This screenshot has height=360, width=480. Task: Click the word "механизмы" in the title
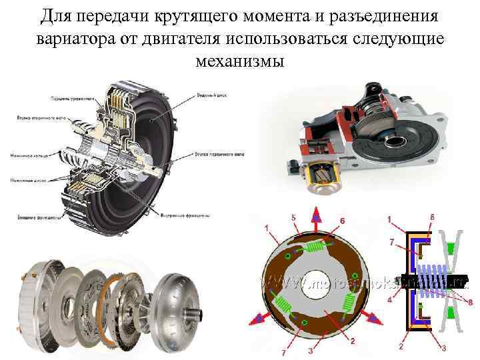[x=239, y=62]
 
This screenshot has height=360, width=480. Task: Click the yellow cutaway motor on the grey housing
[x=321, y=175]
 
